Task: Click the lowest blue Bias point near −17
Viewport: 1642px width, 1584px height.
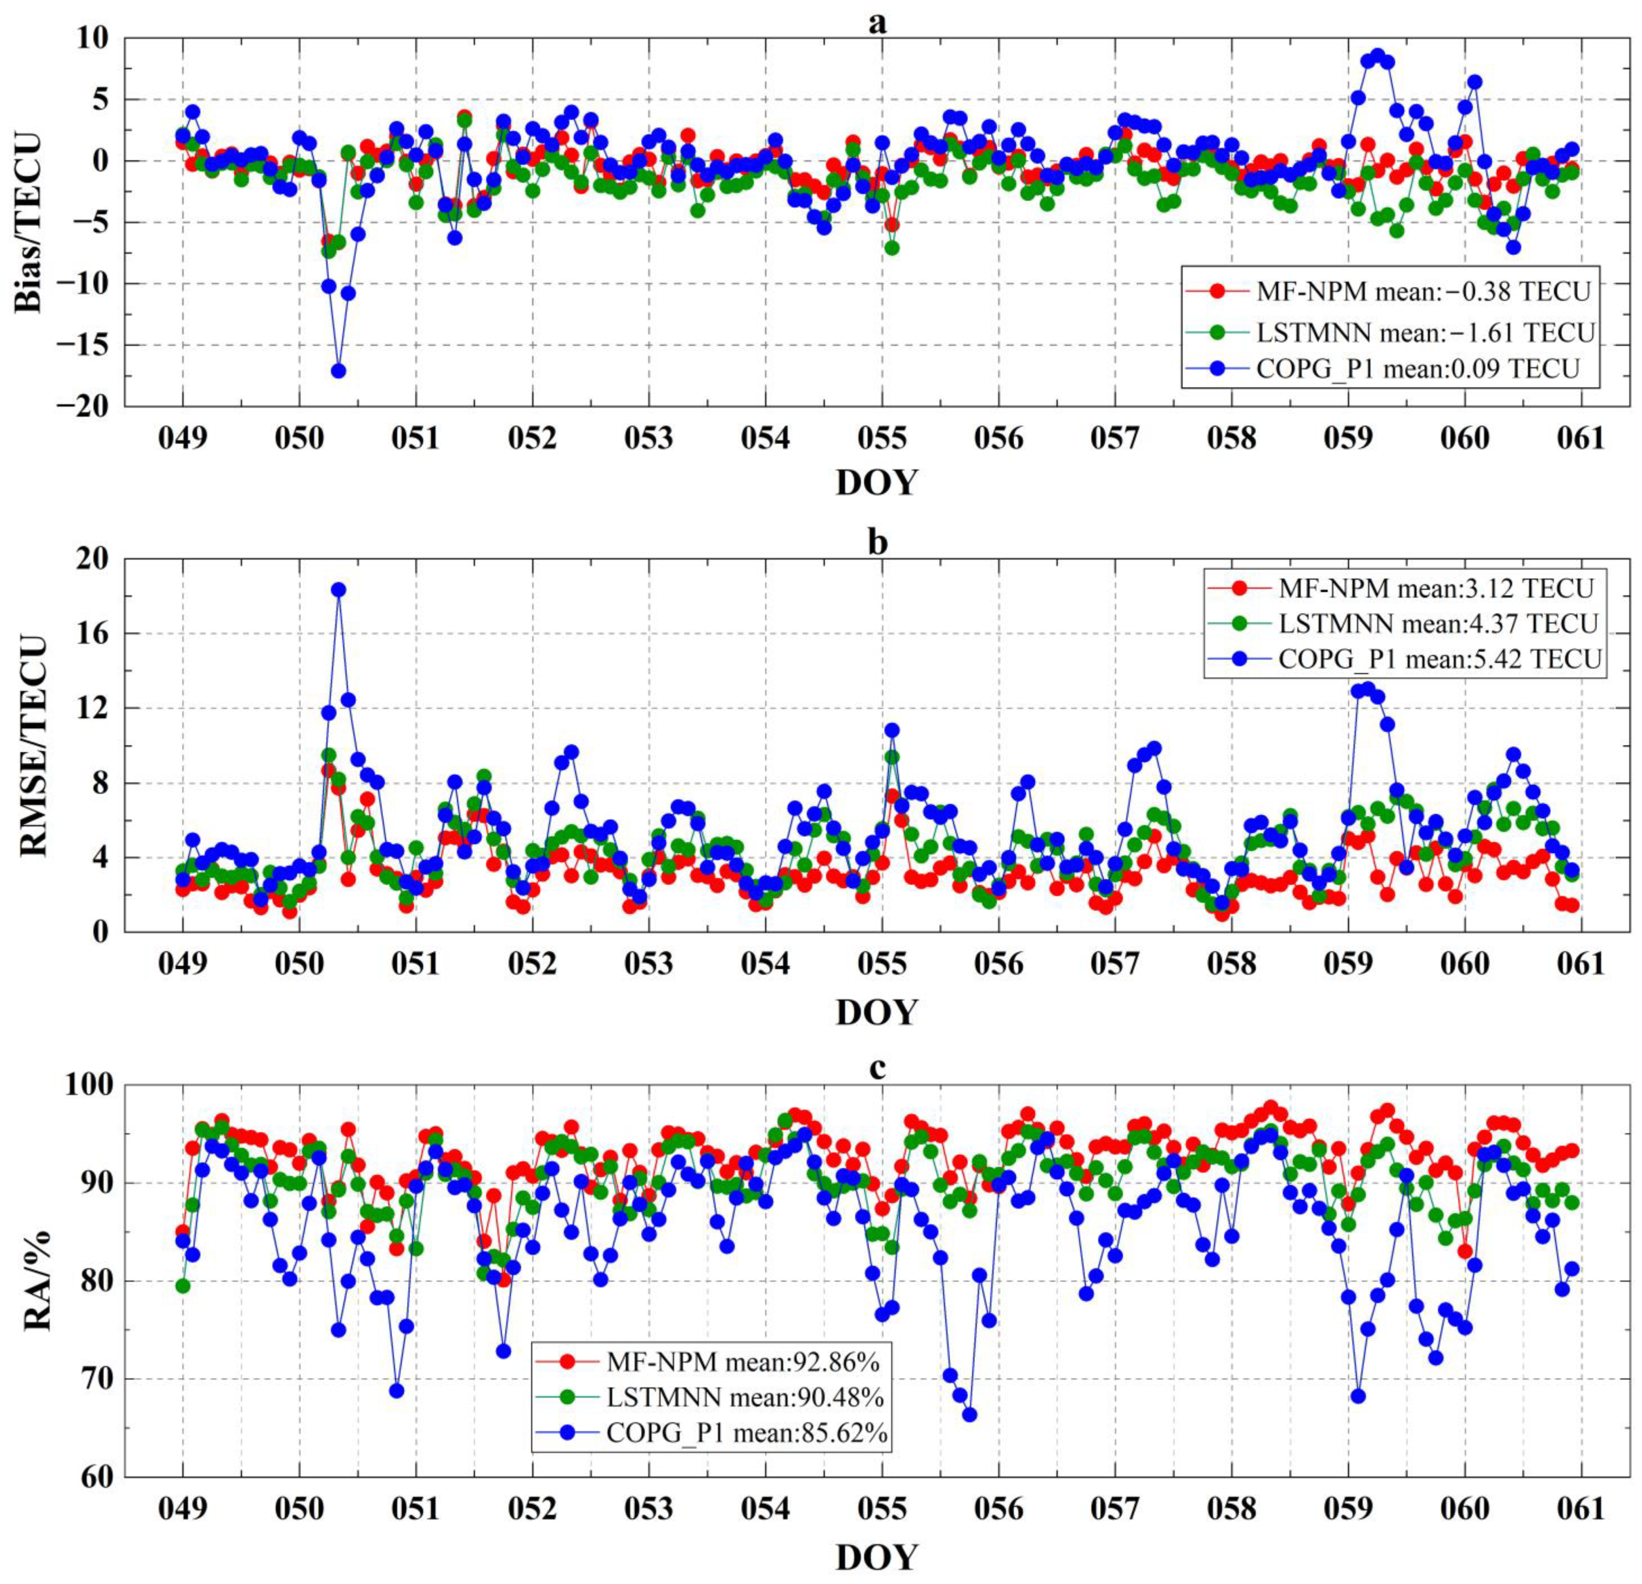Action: [338, 370]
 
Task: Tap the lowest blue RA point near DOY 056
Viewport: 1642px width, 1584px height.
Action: [969, 1414]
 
